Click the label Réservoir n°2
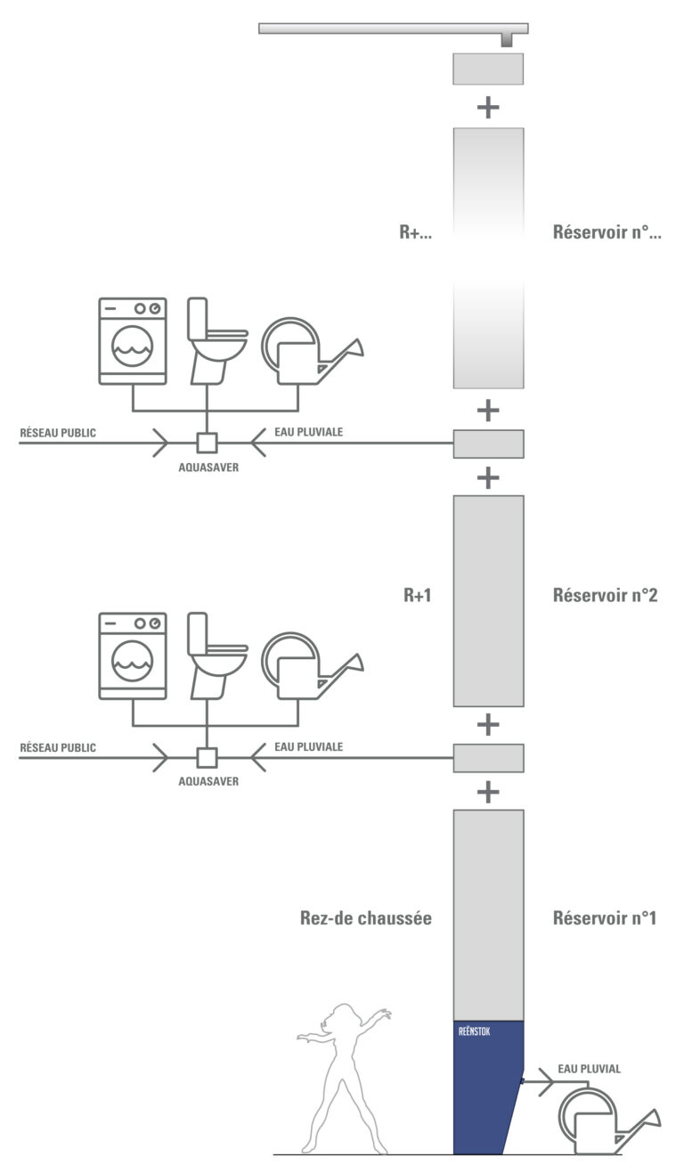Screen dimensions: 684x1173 605,595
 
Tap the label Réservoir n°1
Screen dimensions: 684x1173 605,918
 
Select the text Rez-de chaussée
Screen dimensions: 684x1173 365,918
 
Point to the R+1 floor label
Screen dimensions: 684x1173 418,595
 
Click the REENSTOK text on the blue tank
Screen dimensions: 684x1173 474,1031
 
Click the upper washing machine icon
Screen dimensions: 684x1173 133,341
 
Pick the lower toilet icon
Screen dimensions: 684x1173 216,656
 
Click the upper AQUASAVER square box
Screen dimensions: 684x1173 207,443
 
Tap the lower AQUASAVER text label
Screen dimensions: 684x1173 208,781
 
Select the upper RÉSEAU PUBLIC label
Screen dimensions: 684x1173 58,433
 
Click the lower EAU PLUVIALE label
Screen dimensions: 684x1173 308,746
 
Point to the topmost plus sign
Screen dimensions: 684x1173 488,108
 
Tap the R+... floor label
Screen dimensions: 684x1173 415,232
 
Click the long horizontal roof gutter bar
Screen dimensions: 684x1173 394,29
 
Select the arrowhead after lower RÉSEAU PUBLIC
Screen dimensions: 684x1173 160,757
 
